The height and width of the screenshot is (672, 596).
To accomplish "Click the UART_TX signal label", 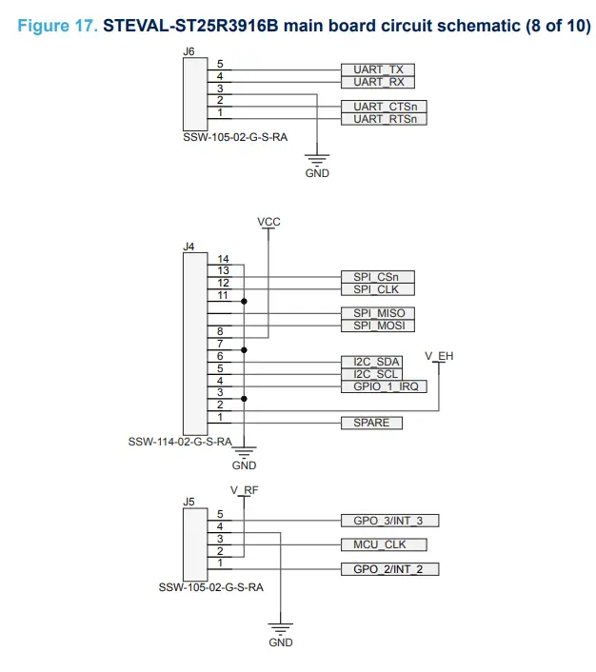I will [x=378, y=70].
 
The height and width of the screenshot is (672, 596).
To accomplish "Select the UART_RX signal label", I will [x=378, y=83].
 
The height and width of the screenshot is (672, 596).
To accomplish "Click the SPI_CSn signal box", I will [x=377, y=277].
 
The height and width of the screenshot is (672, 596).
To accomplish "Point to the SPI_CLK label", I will [x=377, y=289].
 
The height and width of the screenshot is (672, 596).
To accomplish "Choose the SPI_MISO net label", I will [x=378, y=313].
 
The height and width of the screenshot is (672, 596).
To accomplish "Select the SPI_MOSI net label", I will [x=378, y=326].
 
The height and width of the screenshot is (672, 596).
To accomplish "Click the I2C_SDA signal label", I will [x=371, y=363].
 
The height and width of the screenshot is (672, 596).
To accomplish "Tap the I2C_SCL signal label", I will [x=371, y=375].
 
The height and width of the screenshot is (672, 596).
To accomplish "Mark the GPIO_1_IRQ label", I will [x=384, y=387].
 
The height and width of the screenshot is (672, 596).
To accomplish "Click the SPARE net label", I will [x=371, y=423].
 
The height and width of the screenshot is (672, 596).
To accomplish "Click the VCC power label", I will [x=269, y=221].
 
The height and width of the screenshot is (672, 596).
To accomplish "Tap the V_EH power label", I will [x=439, y=355].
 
